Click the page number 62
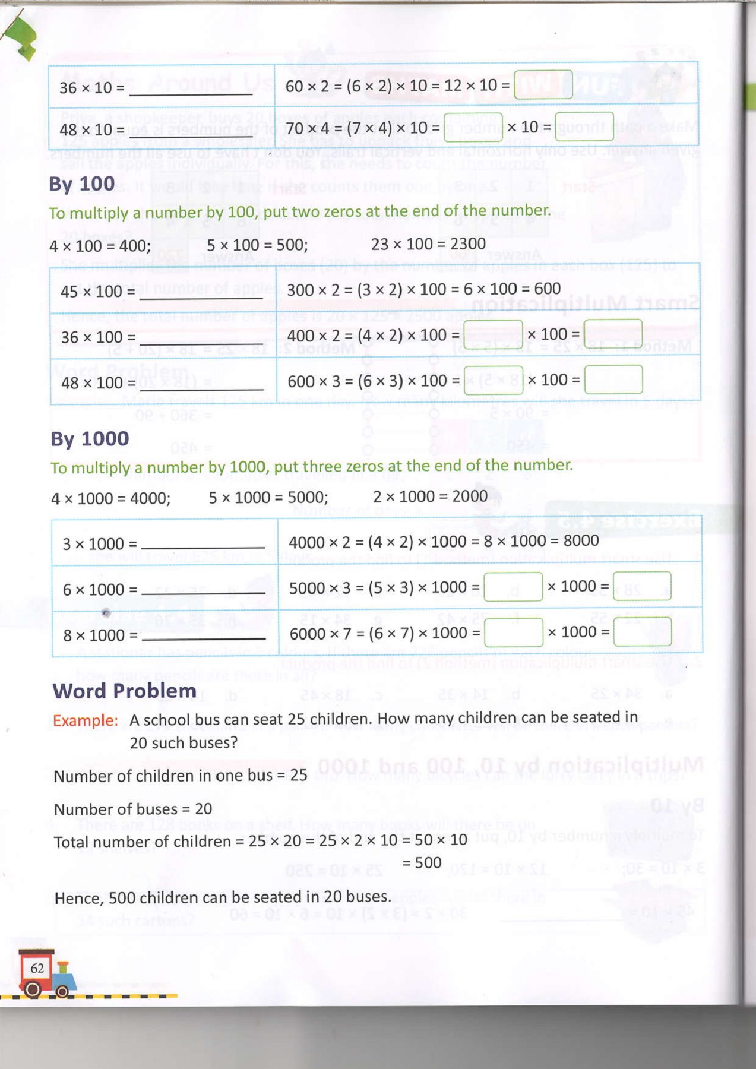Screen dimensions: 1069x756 click(x=37, y=968)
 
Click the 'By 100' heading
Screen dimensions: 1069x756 click(x=82, y=184)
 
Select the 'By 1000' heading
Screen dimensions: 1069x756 click(x=90, y=439)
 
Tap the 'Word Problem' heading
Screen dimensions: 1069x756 click(x=124, y=691)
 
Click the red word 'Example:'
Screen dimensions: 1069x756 click(x=85, y=720)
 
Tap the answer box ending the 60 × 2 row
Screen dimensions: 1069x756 click(x=543, y=85)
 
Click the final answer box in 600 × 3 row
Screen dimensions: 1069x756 click(x=613, y=380)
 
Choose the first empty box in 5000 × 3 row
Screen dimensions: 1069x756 click(x=513, y=587)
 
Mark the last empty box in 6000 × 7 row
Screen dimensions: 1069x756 click(x=642, y=632)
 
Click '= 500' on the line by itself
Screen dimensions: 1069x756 click(x=422, y=862)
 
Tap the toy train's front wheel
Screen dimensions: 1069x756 click(x=62, y=991)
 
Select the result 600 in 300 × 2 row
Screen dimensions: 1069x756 click(x=547, y=289)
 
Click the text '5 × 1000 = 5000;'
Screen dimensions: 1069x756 click(x=268, y=498)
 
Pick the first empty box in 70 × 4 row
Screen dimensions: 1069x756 click(x=473, y=127)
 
